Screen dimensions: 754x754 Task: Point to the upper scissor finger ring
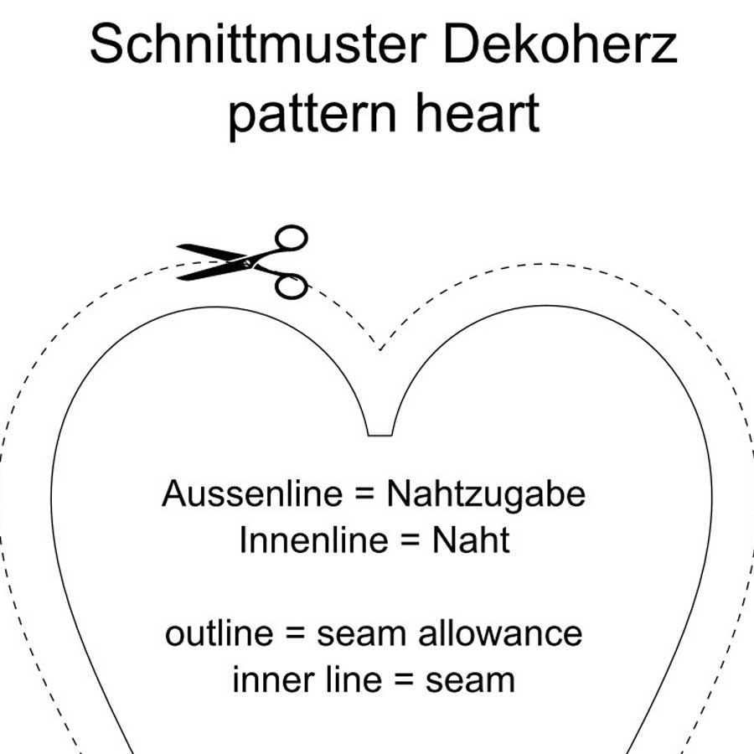292,238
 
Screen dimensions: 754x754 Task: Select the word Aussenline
252,493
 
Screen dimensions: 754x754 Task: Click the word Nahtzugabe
485,493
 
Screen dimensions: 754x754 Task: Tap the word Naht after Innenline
470,540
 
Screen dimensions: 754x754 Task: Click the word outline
219,633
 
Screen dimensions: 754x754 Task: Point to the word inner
264,679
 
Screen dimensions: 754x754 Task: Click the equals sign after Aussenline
364,495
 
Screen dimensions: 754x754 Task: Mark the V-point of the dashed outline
380,349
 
